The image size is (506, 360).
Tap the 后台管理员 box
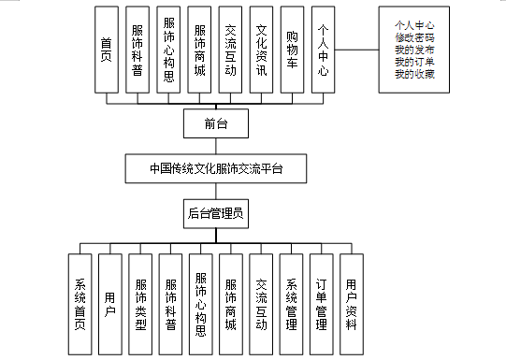[215, 214]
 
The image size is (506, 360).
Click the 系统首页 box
[80, 305]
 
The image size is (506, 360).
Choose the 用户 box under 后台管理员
[110, 305]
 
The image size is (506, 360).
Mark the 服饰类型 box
[140, 305]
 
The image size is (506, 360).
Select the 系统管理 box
[291, 305]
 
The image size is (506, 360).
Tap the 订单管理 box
[321, 305]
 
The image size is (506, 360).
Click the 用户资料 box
[351, 305]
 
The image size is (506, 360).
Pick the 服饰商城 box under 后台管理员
[231, 305]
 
